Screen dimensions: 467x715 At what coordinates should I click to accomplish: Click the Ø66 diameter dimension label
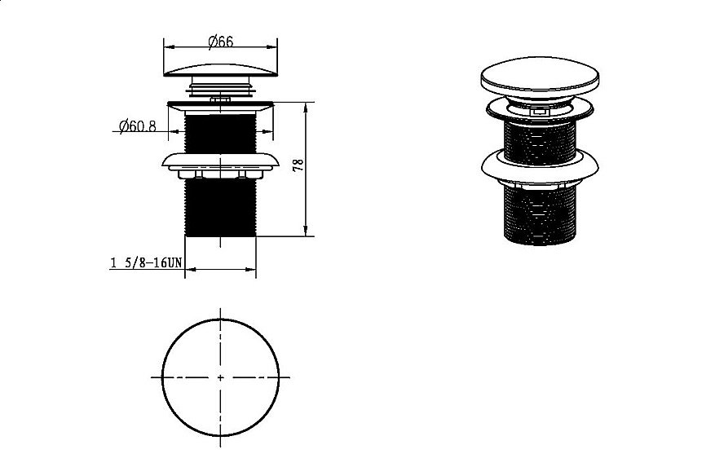click(220, 41)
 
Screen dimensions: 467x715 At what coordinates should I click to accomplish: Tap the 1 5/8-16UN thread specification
click(143, 263)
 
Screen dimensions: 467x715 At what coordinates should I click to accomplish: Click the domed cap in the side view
click(221, 67)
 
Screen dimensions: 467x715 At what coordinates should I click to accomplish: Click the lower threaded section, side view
click(221, 208)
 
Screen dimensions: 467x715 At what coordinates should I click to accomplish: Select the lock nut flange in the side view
click(221, 161)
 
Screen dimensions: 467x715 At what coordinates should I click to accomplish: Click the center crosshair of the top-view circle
click(221, 377)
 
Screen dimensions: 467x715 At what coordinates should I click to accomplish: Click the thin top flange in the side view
click(221, 104)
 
